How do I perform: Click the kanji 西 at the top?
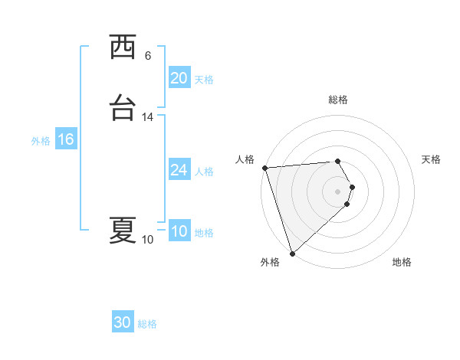point(123,47)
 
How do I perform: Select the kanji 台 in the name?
point(123,108)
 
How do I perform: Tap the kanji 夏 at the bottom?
point(123,230)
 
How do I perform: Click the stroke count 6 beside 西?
point(147,56)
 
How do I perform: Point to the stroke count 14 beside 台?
point(147,117)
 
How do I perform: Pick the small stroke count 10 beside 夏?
point(147,240)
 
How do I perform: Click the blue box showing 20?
point(179,78)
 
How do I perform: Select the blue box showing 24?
point(179,170)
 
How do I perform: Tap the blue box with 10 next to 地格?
point(179,232)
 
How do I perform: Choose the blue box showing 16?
point(65,139)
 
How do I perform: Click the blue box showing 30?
point(123,323)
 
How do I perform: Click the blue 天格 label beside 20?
point(204,80)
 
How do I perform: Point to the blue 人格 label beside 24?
point(204,172)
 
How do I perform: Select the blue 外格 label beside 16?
point(41,141)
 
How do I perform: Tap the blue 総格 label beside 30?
point(148,325)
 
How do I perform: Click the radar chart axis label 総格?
point(338,100)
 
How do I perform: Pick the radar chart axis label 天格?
point(432,159)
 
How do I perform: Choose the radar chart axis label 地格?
point(402,263)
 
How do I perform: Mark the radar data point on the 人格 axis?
point(264,168)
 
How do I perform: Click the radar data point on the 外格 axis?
point(292,252)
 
